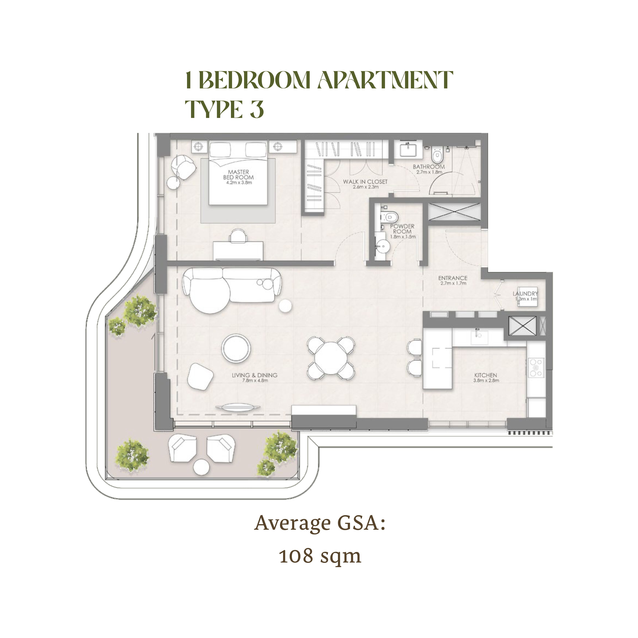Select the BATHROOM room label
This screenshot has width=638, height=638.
tap(429, 167)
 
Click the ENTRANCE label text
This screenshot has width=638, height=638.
tap(453, 278)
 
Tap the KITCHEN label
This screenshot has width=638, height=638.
tap(485, 375)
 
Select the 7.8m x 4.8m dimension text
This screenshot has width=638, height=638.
tap(255, 380)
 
